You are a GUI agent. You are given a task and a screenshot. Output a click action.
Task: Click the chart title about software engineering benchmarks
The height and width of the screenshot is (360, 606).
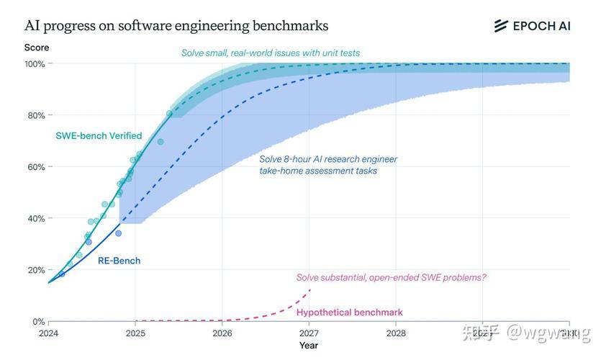(x=176, y=26)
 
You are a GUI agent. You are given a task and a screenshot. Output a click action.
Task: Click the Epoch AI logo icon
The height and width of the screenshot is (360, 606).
(x=501, y=26)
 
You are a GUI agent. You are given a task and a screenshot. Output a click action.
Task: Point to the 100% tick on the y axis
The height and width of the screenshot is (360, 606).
(x=35, y=64)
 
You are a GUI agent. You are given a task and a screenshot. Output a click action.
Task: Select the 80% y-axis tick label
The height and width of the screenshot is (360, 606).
(x=35, y=115)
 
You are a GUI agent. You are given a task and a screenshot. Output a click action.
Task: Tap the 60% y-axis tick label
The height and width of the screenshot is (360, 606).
(x=35, y=167)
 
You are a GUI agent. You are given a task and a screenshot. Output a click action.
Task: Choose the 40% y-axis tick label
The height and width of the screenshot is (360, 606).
(x=35, y=219)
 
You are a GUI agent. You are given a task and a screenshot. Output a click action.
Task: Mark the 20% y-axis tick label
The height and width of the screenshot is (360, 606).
(x=35, y=270)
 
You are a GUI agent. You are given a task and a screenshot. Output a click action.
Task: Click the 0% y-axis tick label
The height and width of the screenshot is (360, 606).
(x=38, y=322)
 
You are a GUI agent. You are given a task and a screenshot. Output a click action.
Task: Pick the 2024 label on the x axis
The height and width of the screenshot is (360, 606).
(x=48, y=333)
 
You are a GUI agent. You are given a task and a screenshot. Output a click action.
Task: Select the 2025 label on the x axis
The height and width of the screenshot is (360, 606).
(x=135, y=333)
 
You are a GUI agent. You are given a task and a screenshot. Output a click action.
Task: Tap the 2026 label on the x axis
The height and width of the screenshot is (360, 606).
(x=222, y=333)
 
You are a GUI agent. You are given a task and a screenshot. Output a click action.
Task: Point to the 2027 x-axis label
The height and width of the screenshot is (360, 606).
(x=309, y=333)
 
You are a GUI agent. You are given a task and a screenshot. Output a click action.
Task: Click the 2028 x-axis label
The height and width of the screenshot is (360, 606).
(x=396, y=333)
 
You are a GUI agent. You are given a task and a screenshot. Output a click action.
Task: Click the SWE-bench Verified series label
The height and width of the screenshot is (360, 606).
(x=99, y=136)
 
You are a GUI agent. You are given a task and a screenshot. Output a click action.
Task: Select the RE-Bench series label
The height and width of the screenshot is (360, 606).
(x=119, y=261)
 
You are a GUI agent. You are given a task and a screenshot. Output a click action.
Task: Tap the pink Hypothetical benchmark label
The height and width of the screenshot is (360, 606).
(x=349, y=312)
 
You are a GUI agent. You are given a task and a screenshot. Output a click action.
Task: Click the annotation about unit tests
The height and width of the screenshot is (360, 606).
(x=270, y=53)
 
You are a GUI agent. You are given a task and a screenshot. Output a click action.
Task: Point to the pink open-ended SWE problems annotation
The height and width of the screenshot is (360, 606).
(x=391, y=277)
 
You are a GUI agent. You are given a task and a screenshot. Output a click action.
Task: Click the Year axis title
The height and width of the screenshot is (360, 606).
(x=309, y=346)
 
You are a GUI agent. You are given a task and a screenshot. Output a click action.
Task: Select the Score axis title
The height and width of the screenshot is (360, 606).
(x=36, y=48)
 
